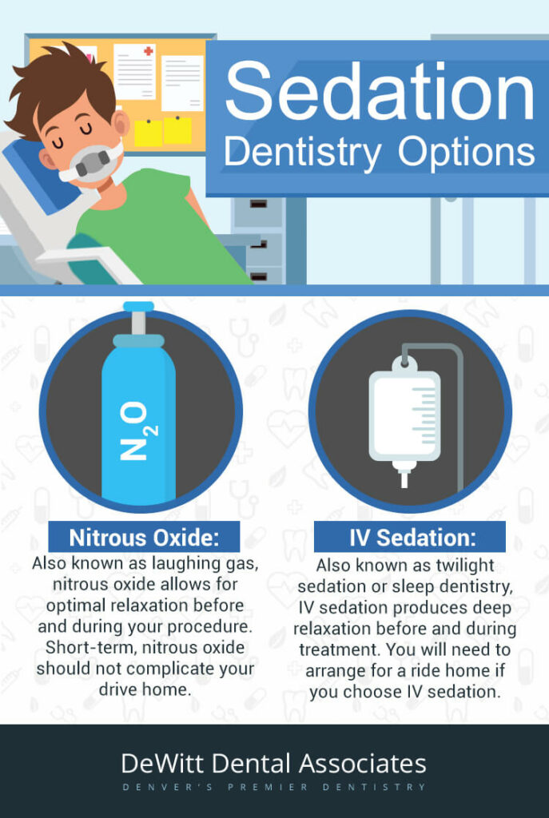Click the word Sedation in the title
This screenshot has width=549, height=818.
(380, 90)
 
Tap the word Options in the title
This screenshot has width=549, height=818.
(467, 152)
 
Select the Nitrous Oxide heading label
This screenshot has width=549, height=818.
(144, 538)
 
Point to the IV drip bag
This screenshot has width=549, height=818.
(405, 412)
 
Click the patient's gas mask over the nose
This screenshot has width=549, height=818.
(91, 163)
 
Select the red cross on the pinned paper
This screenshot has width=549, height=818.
(149, 51)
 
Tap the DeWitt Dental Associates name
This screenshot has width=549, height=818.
(274, 764)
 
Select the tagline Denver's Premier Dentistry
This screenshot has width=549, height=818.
(274, 787)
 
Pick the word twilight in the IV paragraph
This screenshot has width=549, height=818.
(465, 566)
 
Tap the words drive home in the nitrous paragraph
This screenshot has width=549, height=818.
(143, 689)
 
